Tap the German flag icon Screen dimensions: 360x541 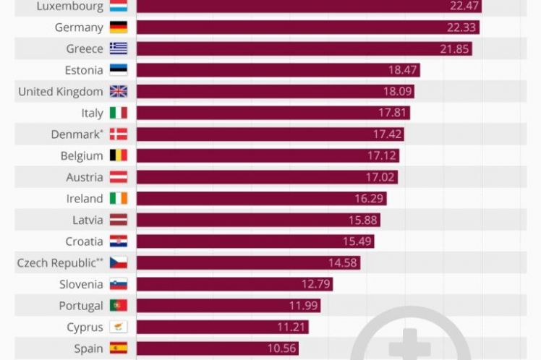[119, 27]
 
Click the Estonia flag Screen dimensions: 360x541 [119, 70]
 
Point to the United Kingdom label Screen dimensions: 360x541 [60, 92]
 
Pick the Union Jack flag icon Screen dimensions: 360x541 [119, 92]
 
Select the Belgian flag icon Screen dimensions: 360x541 [119, 155]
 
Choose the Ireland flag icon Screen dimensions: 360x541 [119, 198]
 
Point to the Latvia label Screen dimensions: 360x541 [88, 220]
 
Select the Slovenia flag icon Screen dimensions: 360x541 [119, 284]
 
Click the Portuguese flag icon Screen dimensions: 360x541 [119, 306]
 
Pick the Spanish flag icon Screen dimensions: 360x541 [119, 348]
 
